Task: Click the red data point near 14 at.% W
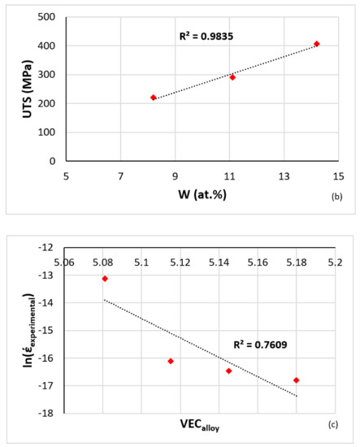point(317,44)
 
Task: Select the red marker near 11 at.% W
point(232,77)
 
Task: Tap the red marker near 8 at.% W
point(154,98)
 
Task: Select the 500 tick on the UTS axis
point(47,17)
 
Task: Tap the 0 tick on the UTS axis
point(53,161)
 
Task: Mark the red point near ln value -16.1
point(171,361)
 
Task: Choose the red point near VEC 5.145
point(228,371)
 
